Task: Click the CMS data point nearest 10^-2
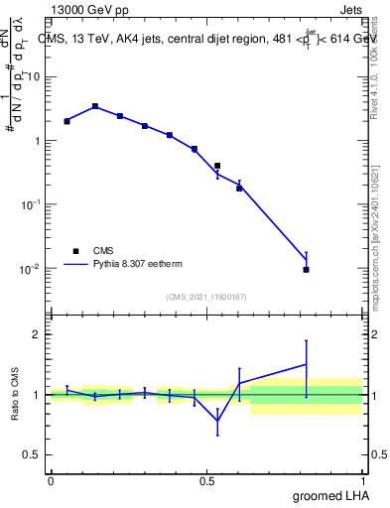[x=306, y=270]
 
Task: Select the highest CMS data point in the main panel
[x=95, y=106]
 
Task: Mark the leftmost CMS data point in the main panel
[x=66, y=121]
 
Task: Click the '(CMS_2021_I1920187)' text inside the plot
[x=206, y=297]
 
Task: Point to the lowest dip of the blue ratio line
[x=217, y=421]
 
